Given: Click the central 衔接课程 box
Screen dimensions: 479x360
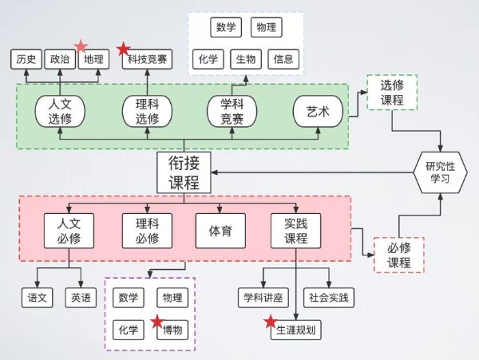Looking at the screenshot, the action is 184,172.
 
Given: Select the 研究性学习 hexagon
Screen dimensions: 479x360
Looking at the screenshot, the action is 440,172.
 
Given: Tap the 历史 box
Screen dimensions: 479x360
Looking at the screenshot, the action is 26,59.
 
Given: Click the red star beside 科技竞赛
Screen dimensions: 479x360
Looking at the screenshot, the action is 124,49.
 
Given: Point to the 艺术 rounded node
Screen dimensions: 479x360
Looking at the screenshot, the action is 318,112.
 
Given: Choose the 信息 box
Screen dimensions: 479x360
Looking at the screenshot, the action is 283,59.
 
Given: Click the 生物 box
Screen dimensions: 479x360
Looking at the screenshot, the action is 246,59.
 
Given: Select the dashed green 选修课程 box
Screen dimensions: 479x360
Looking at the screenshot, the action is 392,93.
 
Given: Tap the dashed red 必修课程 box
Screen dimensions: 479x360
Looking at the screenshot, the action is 399,255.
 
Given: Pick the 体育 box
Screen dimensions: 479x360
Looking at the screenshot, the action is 220,231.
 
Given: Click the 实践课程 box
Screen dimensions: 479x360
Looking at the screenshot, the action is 295,231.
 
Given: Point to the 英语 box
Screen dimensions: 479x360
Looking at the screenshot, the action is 81,298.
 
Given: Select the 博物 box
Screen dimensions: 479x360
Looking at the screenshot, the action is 172,330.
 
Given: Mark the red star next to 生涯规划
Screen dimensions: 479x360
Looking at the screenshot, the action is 271,322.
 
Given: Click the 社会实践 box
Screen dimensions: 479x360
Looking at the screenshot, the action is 329,298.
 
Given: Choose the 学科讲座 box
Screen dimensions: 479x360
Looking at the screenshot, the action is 263,298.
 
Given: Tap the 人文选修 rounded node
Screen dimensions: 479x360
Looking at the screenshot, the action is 60,112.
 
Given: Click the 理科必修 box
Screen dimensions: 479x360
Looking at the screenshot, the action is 147,231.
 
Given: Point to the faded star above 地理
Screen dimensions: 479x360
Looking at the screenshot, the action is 81,46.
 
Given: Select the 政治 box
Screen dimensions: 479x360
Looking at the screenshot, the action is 60,59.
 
